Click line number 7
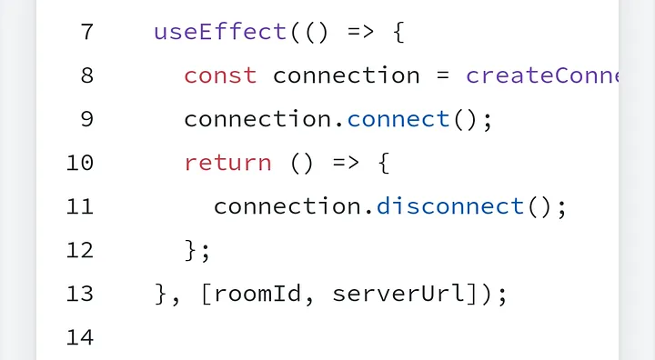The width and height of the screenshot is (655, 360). (86, 32)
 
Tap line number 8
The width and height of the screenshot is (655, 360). (86, 75)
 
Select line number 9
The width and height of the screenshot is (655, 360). (86, 119)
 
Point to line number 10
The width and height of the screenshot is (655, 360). (80, 164)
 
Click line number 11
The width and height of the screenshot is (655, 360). (80, 207)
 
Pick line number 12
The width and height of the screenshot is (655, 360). (80, 251)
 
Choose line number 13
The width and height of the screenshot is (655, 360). (80, 295)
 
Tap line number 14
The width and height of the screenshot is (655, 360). (80, 338)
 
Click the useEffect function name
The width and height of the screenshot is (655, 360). (220, 32)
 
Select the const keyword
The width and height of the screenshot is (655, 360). (220, 75)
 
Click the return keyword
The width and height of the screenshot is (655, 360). (227, 164)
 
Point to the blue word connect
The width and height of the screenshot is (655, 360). (398, 119)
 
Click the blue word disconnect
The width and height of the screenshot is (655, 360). (449, 207)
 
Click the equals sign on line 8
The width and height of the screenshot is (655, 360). (443, 75)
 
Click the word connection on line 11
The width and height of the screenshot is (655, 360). (287, 207)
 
